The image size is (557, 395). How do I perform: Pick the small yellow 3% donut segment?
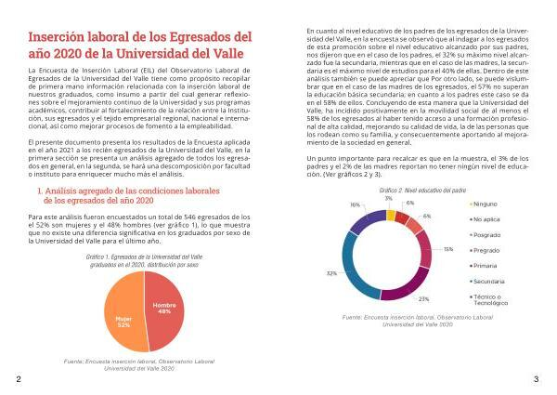(392, 215)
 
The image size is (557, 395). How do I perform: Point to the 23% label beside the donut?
(423, 298)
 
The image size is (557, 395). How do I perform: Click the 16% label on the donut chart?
(355, 204)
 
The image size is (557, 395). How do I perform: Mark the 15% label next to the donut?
(448, 249)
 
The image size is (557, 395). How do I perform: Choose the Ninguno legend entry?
(488, 203)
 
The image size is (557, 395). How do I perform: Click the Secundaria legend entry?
(491, 280)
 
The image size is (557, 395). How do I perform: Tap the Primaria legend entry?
(488, 265)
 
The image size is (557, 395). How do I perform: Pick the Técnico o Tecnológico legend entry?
(492, 299)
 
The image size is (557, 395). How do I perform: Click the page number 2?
(19, 380)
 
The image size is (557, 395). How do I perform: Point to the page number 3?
(536, 380)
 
